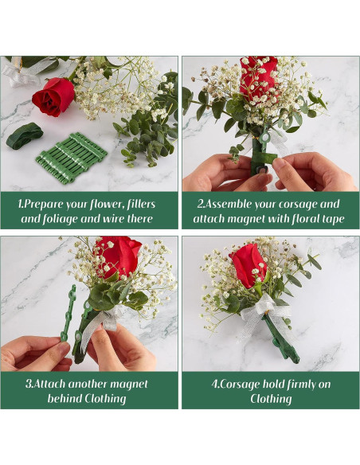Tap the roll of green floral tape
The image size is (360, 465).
click(24, 136)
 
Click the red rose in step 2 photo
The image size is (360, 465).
click(259, 76)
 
